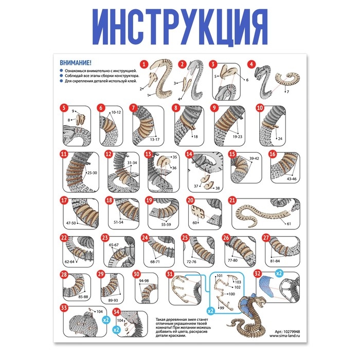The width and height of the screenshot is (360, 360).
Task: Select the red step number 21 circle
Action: point(232,201)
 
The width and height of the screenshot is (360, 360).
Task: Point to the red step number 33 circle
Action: point(64,308)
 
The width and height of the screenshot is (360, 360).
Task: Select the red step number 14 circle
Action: point(189,154)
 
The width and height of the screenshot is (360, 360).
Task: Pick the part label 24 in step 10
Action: point(280,139)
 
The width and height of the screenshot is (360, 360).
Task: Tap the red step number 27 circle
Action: point(266,238)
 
